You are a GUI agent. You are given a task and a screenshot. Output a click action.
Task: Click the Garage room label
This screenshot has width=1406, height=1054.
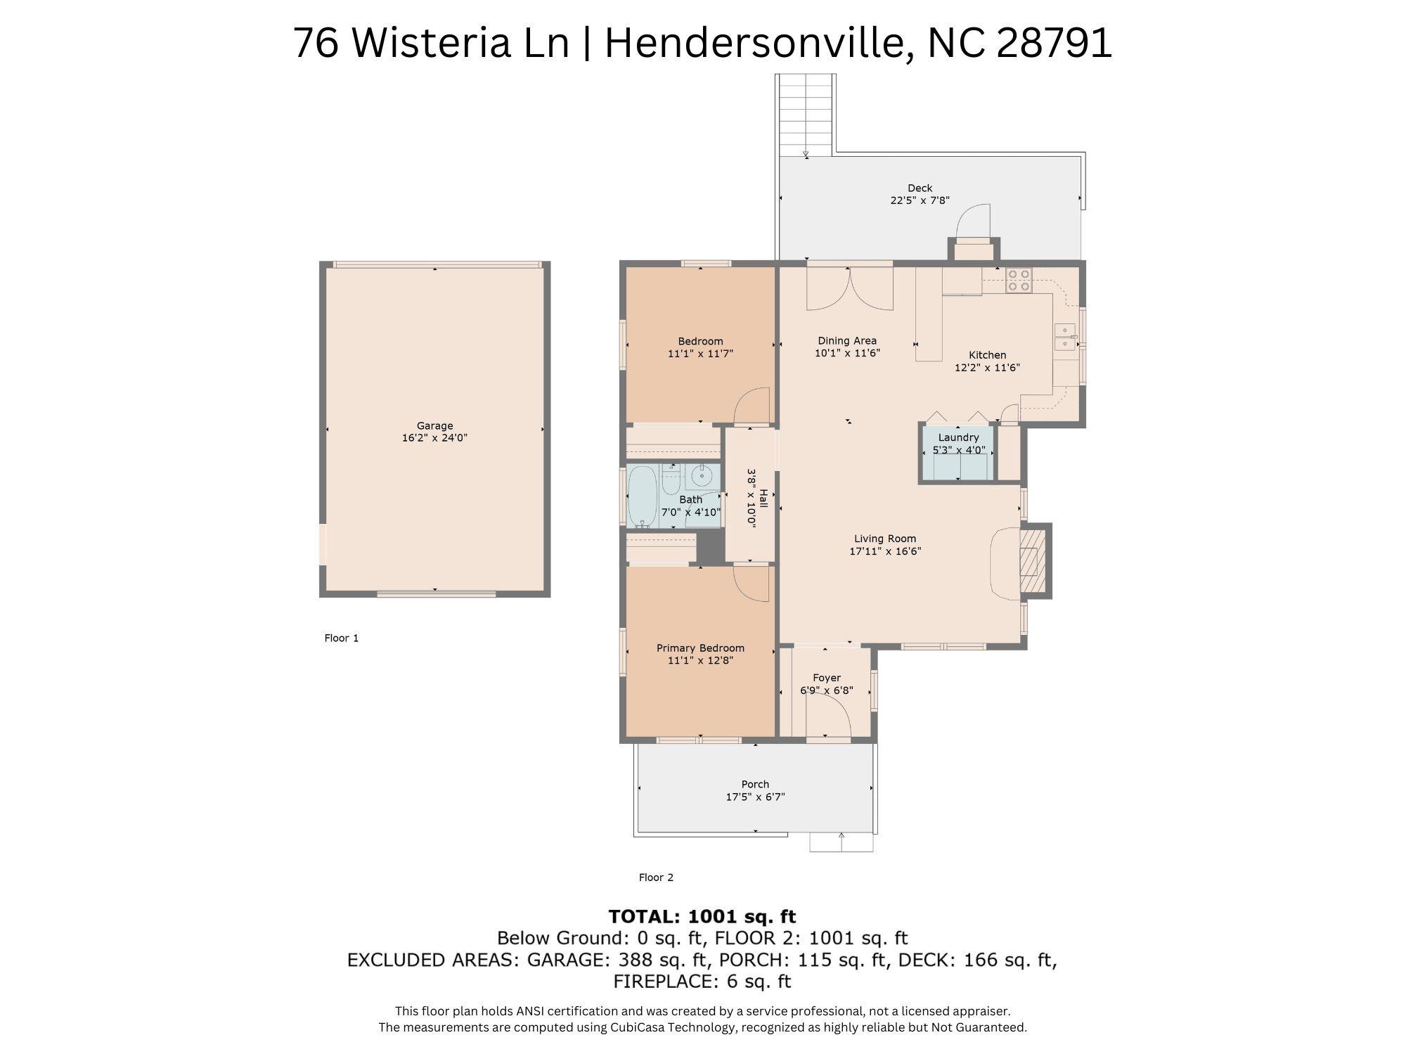(x=434, y=425)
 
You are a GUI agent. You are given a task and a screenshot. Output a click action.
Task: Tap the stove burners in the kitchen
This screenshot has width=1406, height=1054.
(x=1018, y=280)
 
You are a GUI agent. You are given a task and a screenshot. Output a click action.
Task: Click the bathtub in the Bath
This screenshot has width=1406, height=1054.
(x=642, y=496)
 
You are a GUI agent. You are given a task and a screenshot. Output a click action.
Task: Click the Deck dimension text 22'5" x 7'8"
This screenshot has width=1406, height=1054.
(x=920, y=200)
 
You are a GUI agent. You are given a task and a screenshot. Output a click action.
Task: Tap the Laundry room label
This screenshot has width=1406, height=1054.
(x=958, y=437)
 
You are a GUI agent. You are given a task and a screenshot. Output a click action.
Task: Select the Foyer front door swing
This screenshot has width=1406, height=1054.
(x=830, y=719)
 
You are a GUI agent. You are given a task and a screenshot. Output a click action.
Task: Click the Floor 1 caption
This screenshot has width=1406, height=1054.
(x=341, y=638)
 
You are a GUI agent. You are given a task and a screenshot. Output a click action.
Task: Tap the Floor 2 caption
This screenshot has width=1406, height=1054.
(x=656, y=877)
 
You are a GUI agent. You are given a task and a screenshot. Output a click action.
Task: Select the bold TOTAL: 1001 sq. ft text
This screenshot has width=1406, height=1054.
(x=702, y=916)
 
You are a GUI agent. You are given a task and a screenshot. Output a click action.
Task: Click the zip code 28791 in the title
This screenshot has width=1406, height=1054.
(x=1054, y=42)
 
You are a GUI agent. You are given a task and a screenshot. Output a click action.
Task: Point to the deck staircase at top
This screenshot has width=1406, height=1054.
(x=806, y=113)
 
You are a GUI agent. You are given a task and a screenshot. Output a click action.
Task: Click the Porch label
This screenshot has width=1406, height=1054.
(x=755, y=784)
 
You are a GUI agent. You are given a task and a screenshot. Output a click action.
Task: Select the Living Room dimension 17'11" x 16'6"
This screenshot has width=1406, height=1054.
(x=885, y=551)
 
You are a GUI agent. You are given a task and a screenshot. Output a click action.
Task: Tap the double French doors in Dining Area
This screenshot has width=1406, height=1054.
(x=849, y=288)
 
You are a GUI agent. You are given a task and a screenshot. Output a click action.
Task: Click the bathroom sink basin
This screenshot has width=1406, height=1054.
(x=702, y=477)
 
